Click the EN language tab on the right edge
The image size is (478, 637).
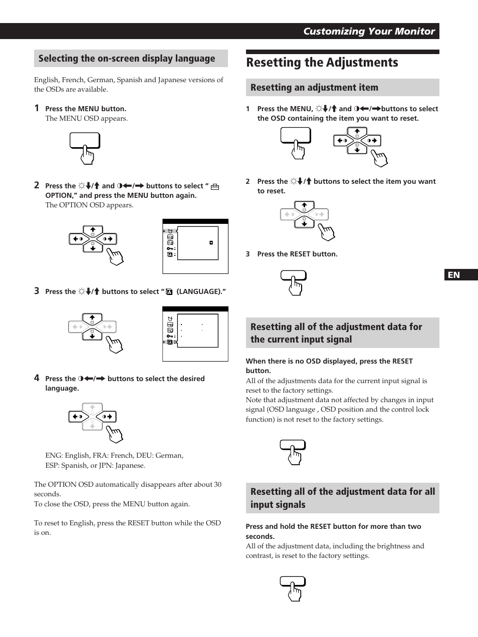pyautogui.click(x=460, y=275)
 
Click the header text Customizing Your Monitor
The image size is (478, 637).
pyautogui.click(x=369, y=31)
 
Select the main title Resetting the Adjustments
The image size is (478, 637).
pyautogui.click(x=322, y=63)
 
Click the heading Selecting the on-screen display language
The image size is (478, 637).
pyautogui.click(x=127, y=59)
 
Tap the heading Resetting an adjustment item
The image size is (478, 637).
pyautogui.click(x=314, y=88)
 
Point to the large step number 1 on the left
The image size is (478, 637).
pyautogui.click(x=37, y=108)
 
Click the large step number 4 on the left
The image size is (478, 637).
pyautogui.click(x=37, y=378)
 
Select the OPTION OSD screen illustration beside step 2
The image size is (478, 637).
pyautogui.click(x=195, y=246)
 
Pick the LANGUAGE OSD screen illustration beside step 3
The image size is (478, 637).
pyautogui.click(x=195, y=334)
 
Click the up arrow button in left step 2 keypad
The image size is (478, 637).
pyautogui.click(x=93, y=231)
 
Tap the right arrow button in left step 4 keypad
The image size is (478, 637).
pyautogui.click(x=108, y=416)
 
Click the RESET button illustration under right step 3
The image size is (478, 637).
pyautogui.click(x=293, y=276)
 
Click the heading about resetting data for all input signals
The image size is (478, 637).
pyautogui.click(x=342, y=498)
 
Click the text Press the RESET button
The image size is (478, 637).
pyautogui.click(x=297, y=254)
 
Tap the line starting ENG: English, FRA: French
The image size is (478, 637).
pyautogui.click(x=114, y=455)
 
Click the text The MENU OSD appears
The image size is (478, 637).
pyautogui.click(x=86, y=118)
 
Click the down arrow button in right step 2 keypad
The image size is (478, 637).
pyautogui.click(x=304, y=223)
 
